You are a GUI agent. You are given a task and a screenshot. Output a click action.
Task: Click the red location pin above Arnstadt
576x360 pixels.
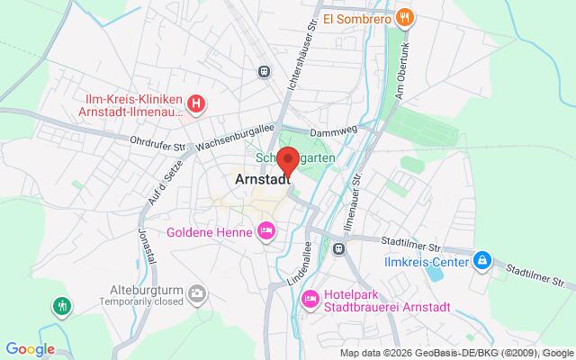pyautogui.click(x=288, y=160)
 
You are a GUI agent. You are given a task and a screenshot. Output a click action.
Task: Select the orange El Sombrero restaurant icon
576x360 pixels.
pyautogui.click(x=406, y=16)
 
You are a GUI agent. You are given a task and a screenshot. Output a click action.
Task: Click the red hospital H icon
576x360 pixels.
pyautogui.click(x=196, y=105)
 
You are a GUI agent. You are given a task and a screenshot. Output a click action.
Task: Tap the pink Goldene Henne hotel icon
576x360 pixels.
pyautogui.click(x=265, y=231)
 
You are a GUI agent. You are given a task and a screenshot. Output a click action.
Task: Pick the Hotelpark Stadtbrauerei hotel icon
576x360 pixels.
pyautogui.click(x=310, y=274)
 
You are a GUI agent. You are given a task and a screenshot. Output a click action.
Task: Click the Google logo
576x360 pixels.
pyautogui.click(x=30, y=349)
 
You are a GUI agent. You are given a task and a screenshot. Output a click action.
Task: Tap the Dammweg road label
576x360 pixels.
pyautogui.click(x=338, y=132)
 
